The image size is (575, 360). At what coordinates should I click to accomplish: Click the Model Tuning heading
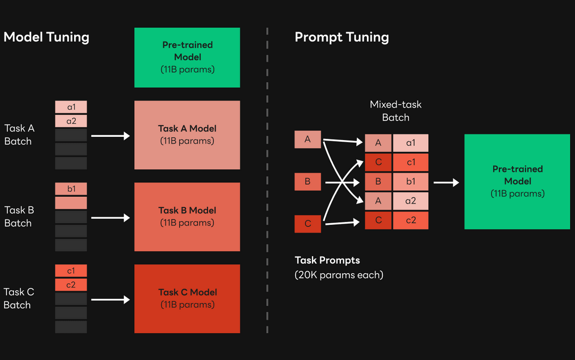46,37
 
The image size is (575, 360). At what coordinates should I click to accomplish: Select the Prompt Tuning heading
341,37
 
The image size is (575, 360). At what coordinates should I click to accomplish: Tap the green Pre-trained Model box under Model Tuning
187,58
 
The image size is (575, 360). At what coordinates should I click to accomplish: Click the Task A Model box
187,135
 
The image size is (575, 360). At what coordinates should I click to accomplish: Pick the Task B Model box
187,217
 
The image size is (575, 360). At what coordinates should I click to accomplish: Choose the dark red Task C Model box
187,299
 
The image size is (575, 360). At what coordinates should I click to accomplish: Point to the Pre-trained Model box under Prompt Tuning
517,182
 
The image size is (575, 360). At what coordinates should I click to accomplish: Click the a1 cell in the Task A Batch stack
71,107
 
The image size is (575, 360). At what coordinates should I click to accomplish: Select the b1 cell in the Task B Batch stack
71,189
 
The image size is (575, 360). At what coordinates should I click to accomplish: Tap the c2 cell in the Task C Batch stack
71,285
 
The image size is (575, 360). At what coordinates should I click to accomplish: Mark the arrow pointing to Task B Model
110,218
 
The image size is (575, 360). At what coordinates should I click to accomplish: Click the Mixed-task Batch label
396,111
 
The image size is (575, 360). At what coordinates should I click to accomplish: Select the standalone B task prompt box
308,182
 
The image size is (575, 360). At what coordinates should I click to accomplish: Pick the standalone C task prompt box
308,224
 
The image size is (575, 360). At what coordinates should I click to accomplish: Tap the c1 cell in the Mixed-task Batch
410,162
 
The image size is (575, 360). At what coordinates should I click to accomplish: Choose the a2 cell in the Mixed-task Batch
410,201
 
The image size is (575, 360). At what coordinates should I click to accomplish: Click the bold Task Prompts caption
327,260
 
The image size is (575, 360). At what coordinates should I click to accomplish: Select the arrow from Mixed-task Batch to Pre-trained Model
446,183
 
